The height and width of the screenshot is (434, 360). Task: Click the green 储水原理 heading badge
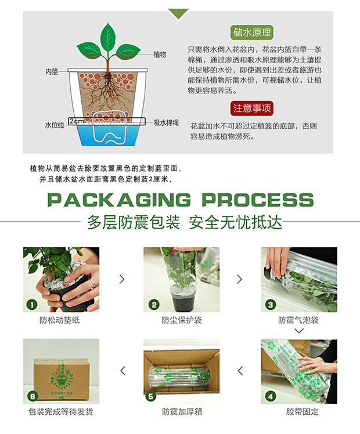[251, 32]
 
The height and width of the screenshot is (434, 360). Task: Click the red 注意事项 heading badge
[252, 108]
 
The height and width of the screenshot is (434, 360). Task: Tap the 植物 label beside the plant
[160, 55]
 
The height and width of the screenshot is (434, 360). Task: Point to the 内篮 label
[52, 72]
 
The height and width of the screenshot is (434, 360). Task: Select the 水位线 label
[55, 125]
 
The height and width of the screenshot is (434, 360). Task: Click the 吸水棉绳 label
[166, 122]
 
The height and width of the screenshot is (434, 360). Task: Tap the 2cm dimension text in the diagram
[77, 121]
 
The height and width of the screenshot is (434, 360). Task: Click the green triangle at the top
[178, 13]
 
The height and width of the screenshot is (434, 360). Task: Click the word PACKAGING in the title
[119, 200]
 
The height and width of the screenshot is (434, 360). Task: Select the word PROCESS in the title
[258, 200]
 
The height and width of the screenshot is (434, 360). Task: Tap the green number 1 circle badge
[32, 305]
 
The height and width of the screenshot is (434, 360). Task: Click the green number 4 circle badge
[270, 396]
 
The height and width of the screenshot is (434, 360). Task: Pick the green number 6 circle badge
[33, 396]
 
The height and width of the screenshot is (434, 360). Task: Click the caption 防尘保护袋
[182, 320]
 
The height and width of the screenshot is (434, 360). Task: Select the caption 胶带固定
[302, 411]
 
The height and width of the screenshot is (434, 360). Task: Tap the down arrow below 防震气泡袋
[299, 331]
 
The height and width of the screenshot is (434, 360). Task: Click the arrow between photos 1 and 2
[122, 279]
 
